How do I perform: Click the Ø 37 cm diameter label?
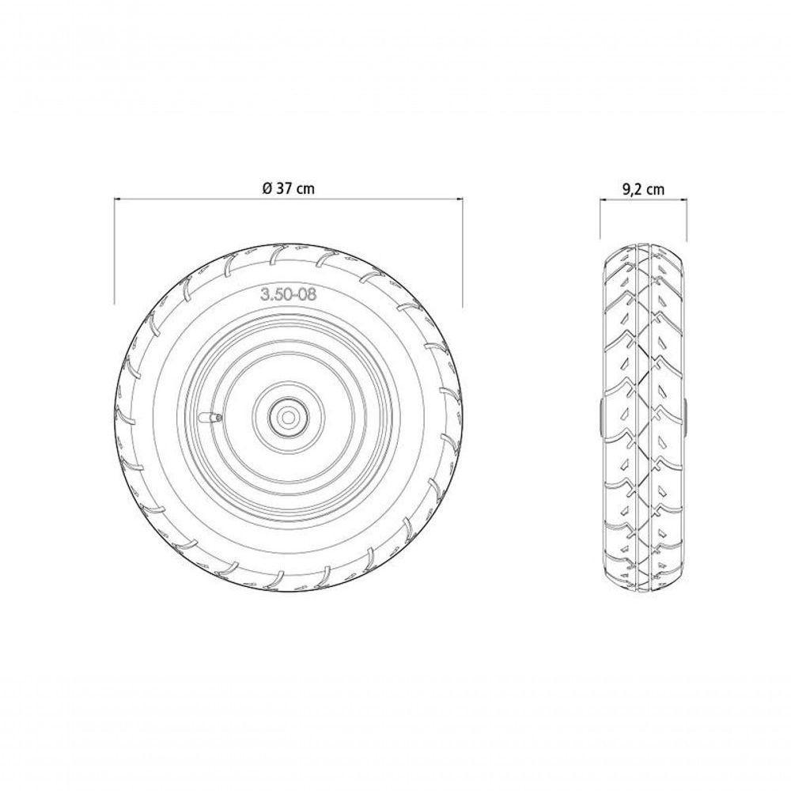(287, 188)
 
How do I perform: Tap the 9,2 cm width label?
(642, 188)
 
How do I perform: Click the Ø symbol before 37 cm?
(267, 188)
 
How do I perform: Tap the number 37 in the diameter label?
(282, 188)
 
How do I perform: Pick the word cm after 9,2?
(654, 188)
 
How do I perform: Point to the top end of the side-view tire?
(642, 242)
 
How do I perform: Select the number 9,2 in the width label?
(633, 188)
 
